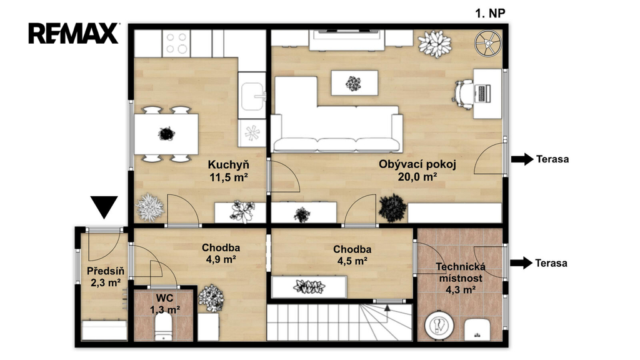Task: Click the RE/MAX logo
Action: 74,33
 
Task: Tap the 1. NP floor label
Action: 490,14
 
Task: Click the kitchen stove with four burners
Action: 176,43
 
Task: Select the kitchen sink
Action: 252,96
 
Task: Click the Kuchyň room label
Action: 228,165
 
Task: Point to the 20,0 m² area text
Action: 417,177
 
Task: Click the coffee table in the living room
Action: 354,83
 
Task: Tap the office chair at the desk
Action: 462,94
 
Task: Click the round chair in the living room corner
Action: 487,43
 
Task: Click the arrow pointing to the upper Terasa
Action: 522,159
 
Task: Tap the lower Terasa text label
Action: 551,263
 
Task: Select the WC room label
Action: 164,297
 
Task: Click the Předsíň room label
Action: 105,271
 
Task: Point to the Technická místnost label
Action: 461,272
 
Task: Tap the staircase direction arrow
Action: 387,307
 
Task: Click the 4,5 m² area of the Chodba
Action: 352,261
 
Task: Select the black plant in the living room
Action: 392,208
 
